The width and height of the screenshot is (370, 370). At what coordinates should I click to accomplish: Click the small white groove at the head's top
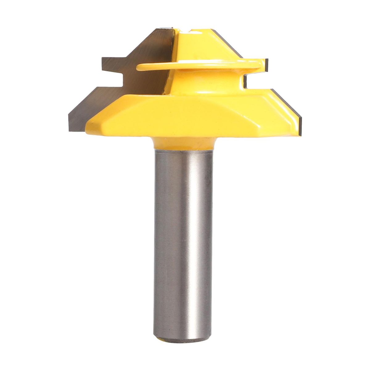click(x=189, y=31)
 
